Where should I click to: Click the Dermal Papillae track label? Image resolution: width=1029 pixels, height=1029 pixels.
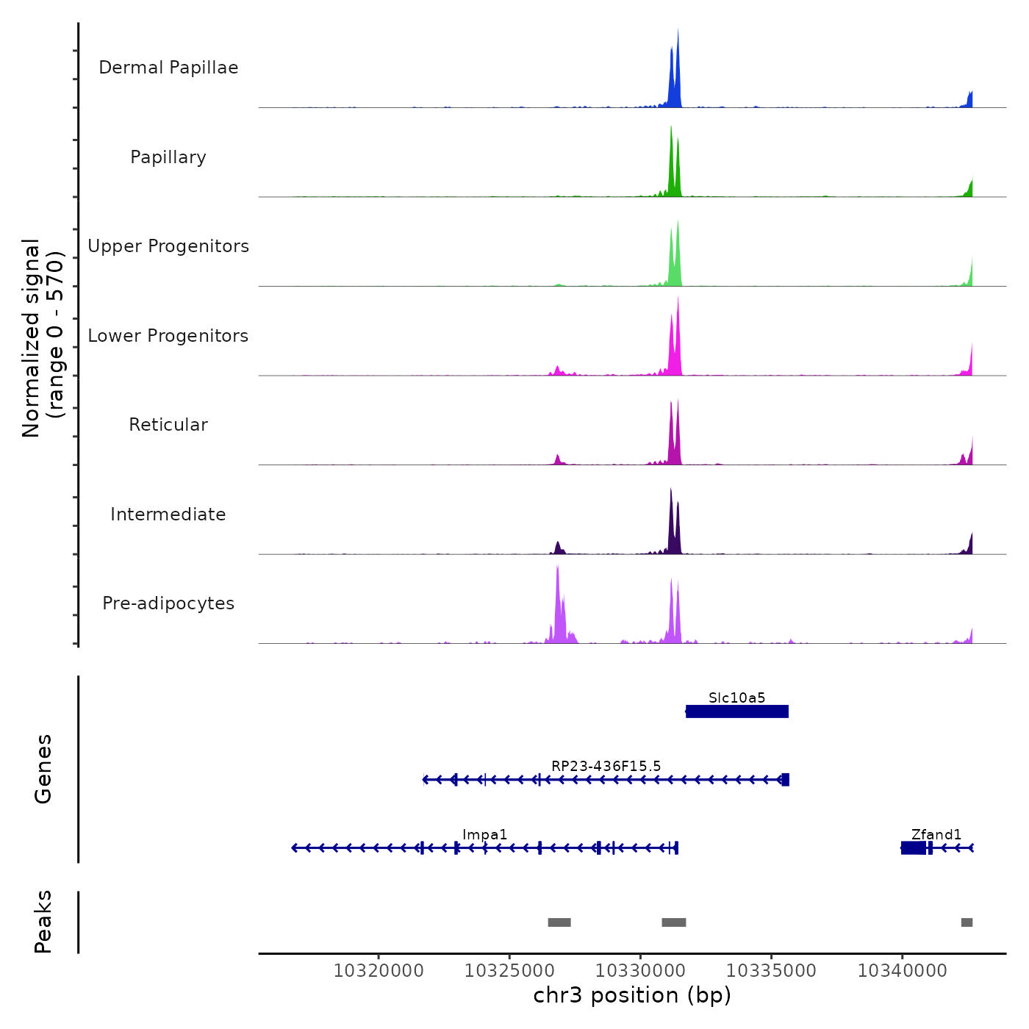168,68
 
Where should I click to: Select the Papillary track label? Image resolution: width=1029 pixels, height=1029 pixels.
168,157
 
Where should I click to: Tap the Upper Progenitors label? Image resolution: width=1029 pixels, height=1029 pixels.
168,246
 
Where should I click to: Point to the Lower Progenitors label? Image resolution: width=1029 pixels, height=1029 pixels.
168,336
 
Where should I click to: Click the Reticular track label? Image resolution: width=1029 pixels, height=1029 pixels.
168,425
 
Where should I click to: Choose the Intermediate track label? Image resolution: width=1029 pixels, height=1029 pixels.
168,514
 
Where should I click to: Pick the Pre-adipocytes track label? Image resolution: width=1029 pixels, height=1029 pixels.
168,603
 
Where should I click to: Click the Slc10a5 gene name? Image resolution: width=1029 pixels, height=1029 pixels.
736,698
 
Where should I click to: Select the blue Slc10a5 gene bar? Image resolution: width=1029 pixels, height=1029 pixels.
736,711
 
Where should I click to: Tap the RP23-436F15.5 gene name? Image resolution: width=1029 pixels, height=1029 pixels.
606,766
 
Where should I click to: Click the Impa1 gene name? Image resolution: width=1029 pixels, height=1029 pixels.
484,834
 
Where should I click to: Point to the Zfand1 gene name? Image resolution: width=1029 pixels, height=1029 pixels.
936,834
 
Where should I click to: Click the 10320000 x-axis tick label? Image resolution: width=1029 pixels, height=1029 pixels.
379,971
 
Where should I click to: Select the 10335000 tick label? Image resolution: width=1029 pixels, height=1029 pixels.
771,971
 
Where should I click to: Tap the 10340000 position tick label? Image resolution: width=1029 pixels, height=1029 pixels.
902,971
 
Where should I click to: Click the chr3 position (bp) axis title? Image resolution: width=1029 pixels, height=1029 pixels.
632,995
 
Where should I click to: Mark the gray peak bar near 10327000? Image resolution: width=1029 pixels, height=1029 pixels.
559,922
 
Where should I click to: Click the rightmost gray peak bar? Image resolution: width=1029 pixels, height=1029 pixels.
967,922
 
